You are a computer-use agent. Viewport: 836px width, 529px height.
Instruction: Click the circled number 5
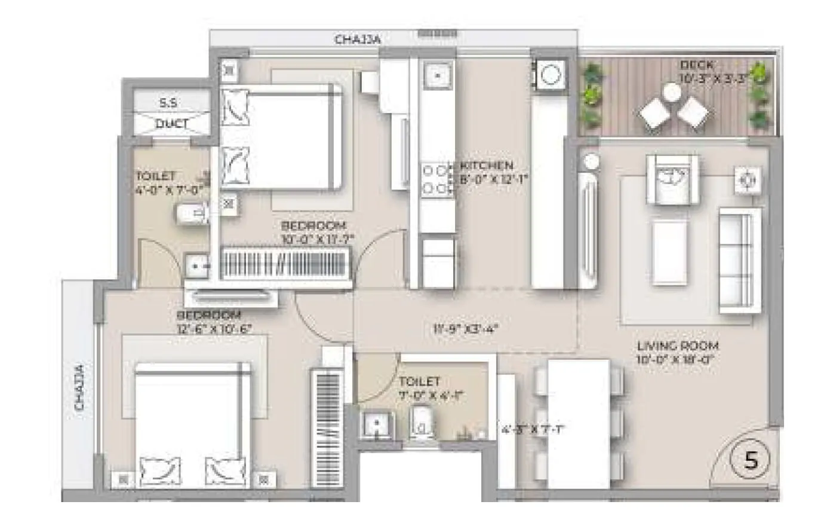(x=751, y=460)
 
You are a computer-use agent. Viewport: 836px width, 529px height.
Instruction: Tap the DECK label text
(x=696, y=65)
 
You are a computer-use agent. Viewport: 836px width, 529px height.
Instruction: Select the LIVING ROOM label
(x=678, y=345)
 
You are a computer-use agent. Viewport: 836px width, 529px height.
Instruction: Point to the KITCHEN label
(x=487, y=166)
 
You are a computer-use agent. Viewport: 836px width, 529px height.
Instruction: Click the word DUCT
(x=171, y=124)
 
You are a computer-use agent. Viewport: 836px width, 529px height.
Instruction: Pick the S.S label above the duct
(x=168, y=103)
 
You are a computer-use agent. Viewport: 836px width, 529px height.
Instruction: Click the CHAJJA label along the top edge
(x=358, y=39)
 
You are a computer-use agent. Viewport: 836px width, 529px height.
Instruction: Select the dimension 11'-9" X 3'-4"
(x=466, y=328)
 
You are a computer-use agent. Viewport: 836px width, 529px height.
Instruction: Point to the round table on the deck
(x=672, y=92)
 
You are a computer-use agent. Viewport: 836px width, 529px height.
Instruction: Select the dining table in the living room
(x=579, y=423)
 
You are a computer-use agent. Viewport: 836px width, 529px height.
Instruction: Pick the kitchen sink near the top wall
(x=437, y=76)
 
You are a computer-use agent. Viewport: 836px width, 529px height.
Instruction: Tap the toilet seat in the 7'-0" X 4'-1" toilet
(x=422, y=423)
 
